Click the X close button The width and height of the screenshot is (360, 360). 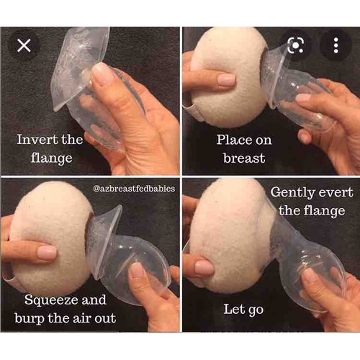click(24, 45)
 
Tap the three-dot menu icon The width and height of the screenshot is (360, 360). click(336, 45)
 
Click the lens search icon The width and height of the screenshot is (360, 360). click(296, 45)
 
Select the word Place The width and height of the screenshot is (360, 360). click(233, 140)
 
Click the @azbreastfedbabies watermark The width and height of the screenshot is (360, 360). click(134, 189)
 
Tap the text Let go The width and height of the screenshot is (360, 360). click(243, 310)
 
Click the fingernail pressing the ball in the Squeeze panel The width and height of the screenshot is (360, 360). click(47, 253)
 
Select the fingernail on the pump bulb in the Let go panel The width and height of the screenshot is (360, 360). click(310, 276)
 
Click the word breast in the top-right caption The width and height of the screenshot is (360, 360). click(244, 158)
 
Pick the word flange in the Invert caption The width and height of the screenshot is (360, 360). click(51, 158)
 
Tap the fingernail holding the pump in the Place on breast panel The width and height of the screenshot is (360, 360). click(304, 99)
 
